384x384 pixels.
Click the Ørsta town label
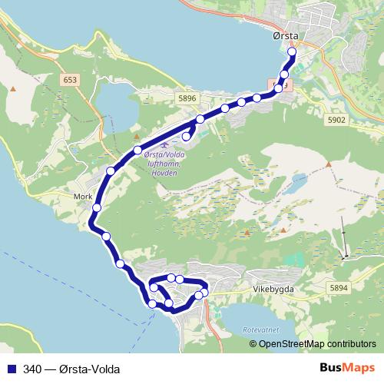284,35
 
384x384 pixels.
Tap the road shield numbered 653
71,79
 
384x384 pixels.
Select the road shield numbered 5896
187,98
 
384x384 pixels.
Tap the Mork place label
82,196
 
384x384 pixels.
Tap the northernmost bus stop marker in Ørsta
292,52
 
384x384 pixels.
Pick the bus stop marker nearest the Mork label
98,207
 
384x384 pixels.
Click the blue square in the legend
11,369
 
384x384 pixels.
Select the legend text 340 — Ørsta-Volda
71,369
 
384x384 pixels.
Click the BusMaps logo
353,368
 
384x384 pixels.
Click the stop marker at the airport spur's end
186,137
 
